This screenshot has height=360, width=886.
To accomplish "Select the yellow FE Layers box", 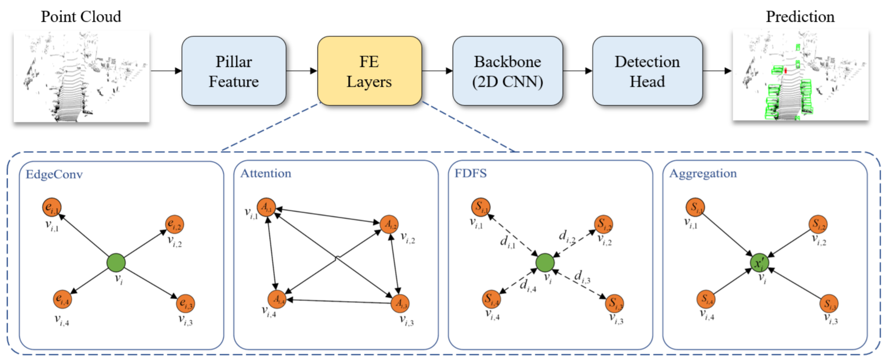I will click(x=369, y=71).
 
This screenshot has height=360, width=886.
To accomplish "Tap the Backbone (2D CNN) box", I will click(x=507, y=71).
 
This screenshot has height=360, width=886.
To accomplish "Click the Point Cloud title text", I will click(x=81, y=17).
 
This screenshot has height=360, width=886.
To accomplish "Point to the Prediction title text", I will click(x=800, y=17).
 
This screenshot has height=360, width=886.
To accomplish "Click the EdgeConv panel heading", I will click(x=54, y=174).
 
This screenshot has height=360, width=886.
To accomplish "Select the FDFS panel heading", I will click(x=470, y=173).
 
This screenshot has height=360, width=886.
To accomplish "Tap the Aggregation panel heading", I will click(x=703, y=173).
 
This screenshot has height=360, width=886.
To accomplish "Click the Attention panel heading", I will click(x=265, y=173).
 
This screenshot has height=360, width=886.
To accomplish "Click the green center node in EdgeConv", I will click(x=116, y=263).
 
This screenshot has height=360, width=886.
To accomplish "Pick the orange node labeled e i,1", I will click(x=52, y=207).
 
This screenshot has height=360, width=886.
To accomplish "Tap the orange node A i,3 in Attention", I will click(x=400, y=303).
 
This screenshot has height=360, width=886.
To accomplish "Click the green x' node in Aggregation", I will click(x=759, y=263).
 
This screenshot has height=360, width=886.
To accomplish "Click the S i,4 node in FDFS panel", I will click(x=491, y=299).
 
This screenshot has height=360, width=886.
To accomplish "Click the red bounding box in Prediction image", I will click(x=786, y=71).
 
